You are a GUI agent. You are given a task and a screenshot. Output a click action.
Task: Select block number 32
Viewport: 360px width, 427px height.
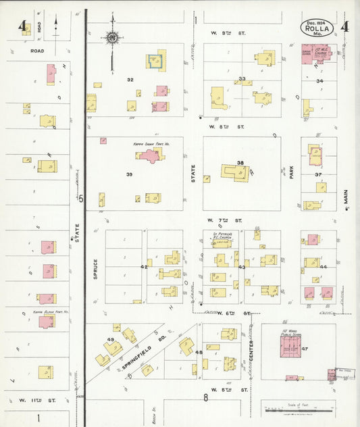tap(130, 80)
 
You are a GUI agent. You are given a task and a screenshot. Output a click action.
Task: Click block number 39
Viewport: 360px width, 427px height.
tap(128, 174)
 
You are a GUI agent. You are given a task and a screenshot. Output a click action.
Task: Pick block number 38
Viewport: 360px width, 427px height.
tap(240, 163)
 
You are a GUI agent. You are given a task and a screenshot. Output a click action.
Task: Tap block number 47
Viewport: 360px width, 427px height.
tap(305, 349)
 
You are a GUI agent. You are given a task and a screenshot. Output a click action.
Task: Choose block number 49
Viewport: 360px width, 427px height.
tap(110, 339)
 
